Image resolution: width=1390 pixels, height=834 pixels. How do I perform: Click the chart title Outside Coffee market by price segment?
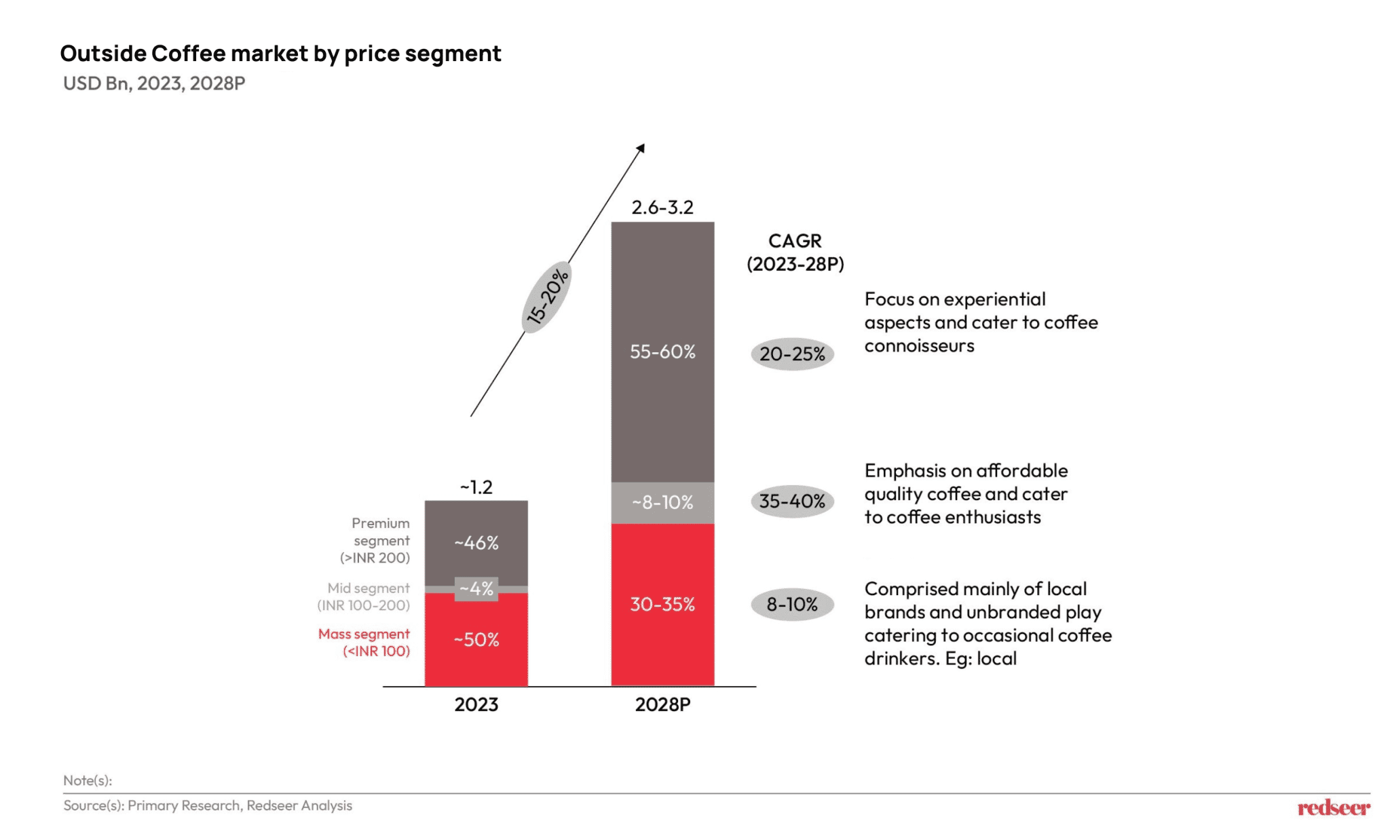click(280, 54)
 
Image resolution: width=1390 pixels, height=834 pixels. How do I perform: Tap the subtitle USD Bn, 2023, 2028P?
click(154, 83)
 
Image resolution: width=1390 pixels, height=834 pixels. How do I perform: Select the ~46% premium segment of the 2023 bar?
click(476, 543)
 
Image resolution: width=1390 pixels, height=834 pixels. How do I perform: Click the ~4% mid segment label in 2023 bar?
click(476, 589)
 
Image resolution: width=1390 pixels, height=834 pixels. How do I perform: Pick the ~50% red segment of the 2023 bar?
click(476, 640)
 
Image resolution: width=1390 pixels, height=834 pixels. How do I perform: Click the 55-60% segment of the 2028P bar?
click(662, 352)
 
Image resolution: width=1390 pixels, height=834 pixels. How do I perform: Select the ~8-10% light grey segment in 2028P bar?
click(662, 503)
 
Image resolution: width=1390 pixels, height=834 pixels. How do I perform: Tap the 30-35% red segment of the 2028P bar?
click(662, 604)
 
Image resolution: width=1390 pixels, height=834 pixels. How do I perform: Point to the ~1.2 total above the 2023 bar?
click(476, 487)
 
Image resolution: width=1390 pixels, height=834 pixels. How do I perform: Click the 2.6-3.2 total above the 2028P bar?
click(662, 208)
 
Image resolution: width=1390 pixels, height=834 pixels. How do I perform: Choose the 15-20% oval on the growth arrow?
click(547, 297)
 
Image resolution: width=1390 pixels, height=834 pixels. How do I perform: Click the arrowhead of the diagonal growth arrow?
click(641, 148)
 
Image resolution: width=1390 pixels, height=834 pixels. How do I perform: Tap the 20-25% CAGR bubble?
click(792, 354)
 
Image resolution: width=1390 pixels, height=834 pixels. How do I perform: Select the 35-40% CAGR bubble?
click(792, 501)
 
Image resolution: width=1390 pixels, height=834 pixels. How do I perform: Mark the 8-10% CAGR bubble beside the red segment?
click(792, 604)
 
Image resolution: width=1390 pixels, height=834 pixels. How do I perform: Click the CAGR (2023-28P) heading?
click(795, 252)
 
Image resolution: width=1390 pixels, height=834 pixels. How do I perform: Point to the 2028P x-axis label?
click(662, 704)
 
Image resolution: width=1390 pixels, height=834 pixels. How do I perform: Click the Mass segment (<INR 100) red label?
click(364, 642)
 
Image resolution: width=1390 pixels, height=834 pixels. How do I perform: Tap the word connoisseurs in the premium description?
click(919, 346)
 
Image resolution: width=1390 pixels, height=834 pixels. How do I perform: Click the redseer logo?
click(1333, 808)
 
